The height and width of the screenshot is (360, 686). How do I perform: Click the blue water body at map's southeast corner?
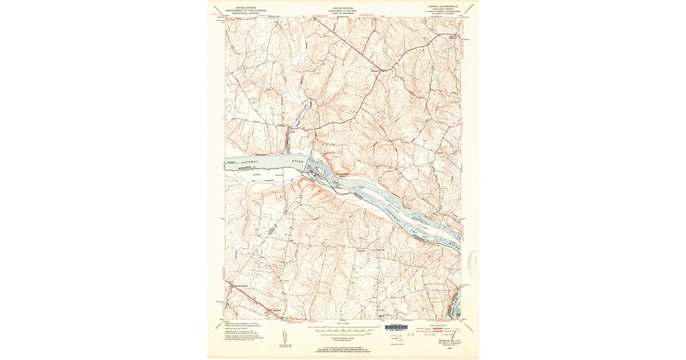[456, 306]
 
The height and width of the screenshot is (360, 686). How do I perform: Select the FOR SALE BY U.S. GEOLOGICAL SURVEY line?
[342, 349]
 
